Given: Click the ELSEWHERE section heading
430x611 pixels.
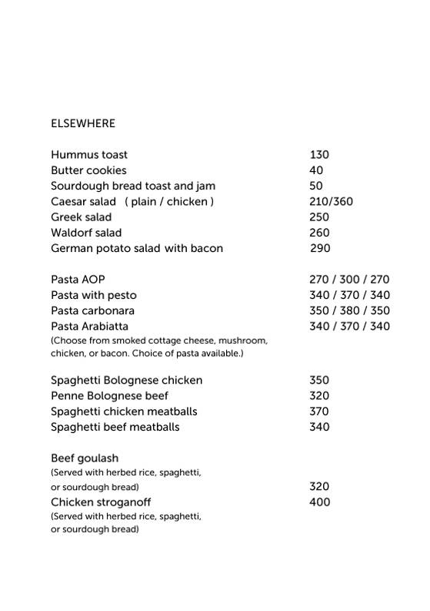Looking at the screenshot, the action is pos(83,123).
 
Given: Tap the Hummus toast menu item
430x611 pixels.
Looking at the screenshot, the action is pos(89,155).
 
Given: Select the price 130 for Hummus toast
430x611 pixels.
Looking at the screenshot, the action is pos(319,155).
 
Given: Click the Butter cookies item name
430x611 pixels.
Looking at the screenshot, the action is pos(88,170).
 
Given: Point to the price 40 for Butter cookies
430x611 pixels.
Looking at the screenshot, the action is pos(316,170).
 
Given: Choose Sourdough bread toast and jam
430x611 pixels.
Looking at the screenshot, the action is pos(133,186).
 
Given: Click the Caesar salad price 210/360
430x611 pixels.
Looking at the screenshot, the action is pos(331,202).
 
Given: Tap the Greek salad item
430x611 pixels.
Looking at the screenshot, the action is pos(82,217).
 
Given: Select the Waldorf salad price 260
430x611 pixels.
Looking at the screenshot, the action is pos(319,233).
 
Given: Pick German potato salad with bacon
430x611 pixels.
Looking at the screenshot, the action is pos(137,248).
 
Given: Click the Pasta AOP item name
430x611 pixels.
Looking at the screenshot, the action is pos(78,280).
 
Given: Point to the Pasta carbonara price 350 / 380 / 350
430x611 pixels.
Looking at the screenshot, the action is pos(349,311).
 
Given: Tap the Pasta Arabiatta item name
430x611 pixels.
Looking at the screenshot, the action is pos(89,326).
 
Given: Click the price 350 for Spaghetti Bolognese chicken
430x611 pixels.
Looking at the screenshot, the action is pos(319,380).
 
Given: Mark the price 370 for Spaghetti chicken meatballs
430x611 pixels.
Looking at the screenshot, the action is pos(319,411).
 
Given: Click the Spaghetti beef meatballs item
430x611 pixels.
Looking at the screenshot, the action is pos(115,427).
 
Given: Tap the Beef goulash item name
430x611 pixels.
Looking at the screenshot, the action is pos(85,458).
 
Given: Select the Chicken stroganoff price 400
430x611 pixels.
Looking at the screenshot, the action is pos(319,502).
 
